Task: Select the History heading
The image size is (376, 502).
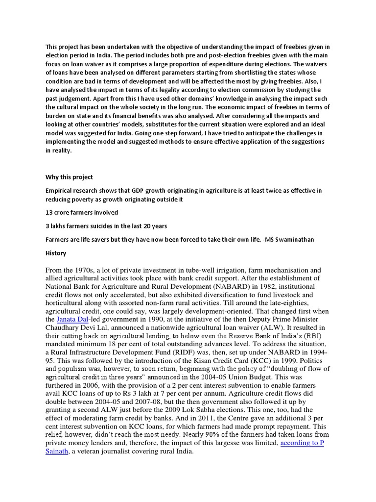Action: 56,253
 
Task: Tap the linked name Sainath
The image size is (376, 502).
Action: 58,452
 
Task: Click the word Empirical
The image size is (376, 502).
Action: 60,190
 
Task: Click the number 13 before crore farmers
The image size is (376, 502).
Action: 49,212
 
